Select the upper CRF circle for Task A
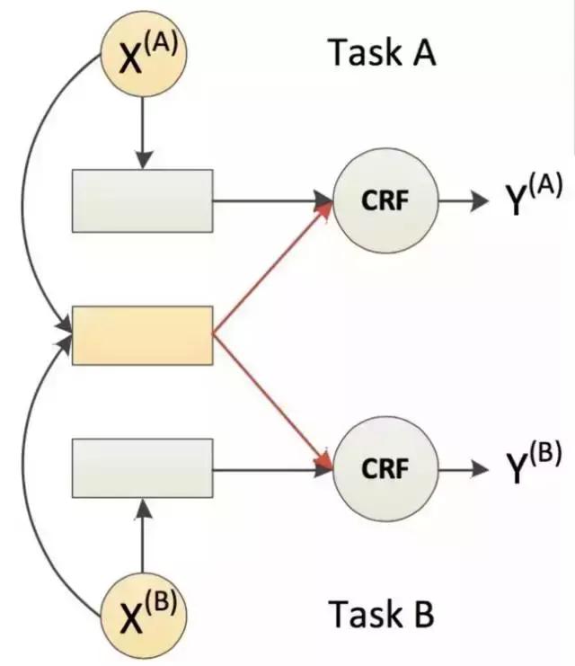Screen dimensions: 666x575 pyautogui.click(x=385, y=200)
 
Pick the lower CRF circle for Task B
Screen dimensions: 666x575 pyautogui.click(x=385, y=468)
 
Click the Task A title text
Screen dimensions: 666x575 pyautogui.click(x=381, y=53)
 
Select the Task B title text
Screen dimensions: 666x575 pyautogui.click(x=381, y=616)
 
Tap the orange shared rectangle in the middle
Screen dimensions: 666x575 pyautogui.click(x=142, y=335)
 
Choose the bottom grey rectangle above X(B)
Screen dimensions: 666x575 pyautogui.click(x=142, y=467)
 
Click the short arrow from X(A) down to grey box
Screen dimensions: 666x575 pyautogui.click(x=142, y=130)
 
